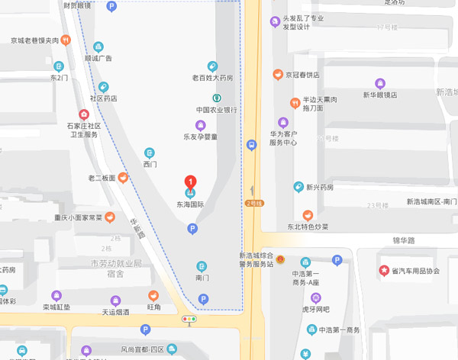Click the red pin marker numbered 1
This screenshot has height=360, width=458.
pyautogui.click(x=190, y=182)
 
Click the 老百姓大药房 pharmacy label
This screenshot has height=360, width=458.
pyautogui.click(x=212, y=78)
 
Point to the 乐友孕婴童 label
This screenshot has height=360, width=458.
pyautogui.click(x=200, y=137)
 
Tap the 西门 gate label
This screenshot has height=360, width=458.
pyautogui.click(x=150, y=164)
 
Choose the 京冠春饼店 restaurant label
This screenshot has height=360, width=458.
pyautogui.click(x=302, y=75)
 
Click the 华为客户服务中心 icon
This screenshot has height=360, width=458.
pyautogui.click(x=283, y=122)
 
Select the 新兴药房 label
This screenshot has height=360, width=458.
pyautogui.click(x=320, y=187)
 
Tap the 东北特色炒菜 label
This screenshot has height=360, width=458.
pyautogui.click(x=308, y=227)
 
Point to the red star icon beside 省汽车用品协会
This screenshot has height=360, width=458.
pyautogui.click(x=384, y=271)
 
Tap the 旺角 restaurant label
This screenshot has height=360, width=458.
pyautogui.click(x=154, y=307)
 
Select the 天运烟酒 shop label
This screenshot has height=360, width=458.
pyautogui.click(x=115, y=312)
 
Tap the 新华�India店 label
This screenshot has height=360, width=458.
pyautogui.click(x=379, y=95)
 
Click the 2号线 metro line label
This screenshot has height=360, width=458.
pyautogui.click(x=253, y=203)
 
